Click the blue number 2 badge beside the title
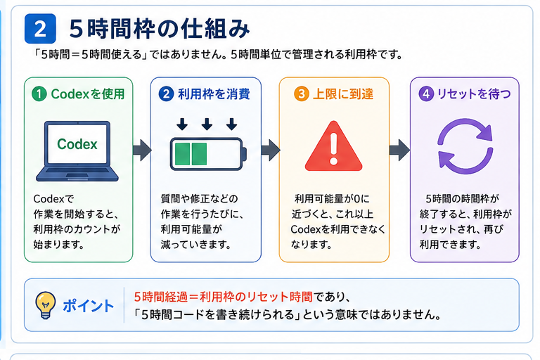click(x=40, y=29)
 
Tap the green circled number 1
click(x=39, y=94)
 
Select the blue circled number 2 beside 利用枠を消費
click(x=166, y=94)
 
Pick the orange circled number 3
click(x=302, y=94)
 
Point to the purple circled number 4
click(x=426, y=94)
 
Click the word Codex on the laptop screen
click(x=77, y=144)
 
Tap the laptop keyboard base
click(x=77, y=174)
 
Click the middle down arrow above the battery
click(x=207, y=124)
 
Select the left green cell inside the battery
click(x=183, y=154)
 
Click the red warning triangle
click(x=333, y=147)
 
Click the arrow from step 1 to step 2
click(x=142, y=150)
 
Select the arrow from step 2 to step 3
click(x=270, y=150)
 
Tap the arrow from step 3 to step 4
click(x=399, y=150)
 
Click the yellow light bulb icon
click(x=46, y=305)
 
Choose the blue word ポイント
click(x=88, y=306)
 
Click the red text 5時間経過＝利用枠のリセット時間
click(x=223, y=297)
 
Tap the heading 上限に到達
click(x=343, y=94)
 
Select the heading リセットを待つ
click(x=474, y=94)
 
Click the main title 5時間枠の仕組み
click(x=160, y=29)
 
